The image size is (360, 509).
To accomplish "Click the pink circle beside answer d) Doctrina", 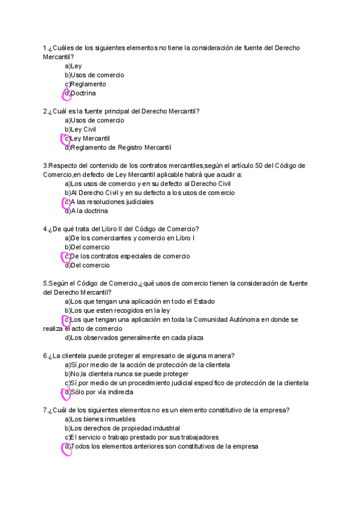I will pyautogui.click(x=67, y=94).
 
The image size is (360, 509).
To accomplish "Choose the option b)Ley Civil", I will pyautogui.click(x=80, y=129).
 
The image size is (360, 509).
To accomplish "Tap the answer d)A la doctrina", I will pyautogui.click(x=86, y=211).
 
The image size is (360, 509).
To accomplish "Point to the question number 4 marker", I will pyautogui.click(x=46, y=229).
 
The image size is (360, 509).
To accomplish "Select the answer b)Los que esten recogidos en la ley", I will pyautogui.click(x=117, y=310).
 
